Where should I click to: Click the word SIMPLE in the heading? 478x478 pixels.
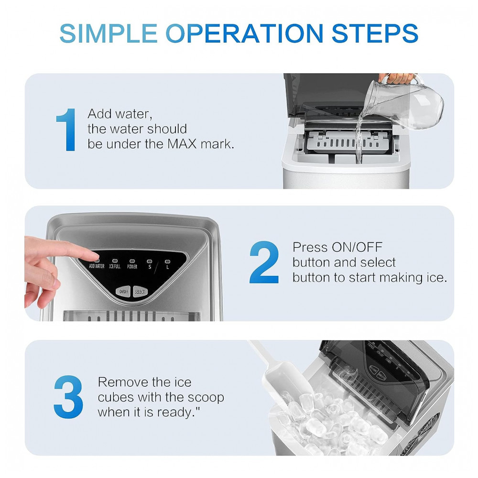point(108,33)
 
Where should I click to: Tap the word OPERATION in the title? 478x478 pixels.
point(244,33)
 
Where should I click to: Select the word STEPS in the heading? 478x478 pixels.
point(375,33)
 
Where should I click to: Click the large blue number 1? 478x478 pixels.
point(67,130)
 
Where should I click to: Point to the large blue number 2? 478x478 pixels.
point(264,262)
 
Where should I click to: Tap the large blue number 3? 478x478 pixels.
point(68,397)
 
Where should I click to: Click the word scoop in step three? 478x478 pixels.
point(206,397)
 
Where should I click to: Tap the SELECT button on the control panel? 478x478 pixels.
point(140,292)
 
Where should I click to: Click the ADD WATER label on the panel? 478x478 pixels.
point(97,266)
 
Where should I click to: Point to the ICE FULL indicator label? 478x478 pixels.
point(115,266)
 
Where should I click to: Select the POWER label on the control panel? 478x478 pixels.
point(132,267)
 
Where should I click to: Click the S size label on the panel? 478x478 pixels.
point(150,267)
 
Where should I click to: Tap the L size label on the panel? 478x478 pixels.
point(167,267)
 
